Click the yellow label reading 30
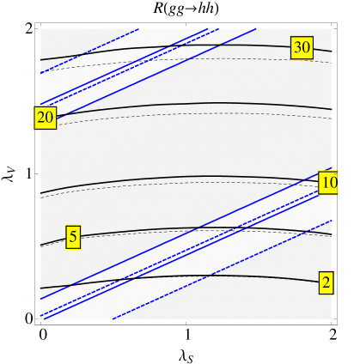click(302, 48)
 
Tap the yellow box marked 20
click(45, 118)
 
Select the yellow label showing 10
click(327, 183)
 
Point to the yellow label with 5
click(73, 237)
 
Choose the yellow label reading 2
click(326, 282)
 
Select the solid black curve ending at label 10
click(172, 178)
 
